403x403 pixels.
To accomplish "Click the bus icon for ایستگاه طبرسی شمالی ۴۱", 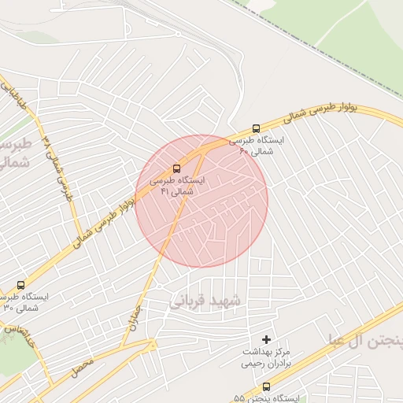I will click(176, 168).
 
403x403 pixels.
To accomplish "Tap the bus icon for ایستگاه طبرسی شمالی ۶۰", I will click(256, 129).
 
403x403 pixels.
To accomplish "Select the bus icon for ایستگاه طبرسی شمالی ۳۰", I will click(20, 284).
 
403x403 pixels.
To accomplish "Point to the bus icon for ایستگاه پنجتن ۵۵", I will click(266, 386).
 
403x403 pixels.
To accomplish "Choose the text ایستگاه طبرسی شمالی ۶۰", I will click(257, 146).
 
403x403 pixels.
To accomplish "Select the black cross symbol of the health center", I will click(266, 339).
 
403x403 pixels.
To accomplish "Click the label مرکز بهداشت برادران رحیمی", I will click(267, 358).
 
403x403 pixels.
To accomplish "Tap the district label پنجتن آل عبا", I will click(367, 339).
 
